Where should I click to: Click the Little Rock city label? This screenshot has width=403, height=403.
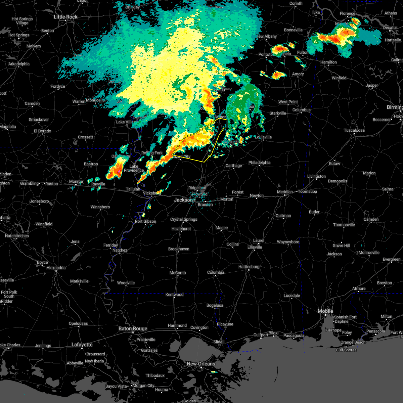(x=66, y=17)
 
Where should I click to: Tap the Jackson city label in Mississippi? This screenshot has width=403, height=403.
(x=183, y=200)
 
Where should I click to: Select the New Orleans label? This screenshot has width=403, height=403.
(x=201, y=364)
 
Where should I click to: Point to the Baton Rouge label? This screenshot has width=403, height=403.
(x=133, y=328)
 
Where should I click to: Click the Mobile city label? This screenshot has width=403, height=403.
(x=325, y=311)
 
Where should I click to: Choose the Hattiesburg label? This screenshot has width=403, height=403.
(x=249, y=267)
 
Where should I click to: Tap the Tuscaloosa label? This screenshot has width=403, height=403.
(x=355, y=130)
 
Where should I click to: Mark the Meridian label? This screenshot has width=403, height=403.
(x=285, y=191)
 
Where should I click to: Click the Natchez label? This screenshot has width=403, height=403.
(x=120, y=250)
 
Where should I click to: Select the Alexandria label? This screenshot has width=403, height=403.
(x=56, y=268)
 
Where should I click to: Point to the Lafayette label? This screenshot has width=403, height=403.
(x=82, y=345)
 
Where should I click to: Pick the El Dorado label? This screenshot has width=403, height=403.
(x=42, y=131)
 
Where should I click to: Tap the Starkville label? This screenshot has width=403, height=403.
(x=278, y=113)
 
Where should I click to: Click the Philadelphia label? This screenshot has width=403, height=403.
(x=259, y=163)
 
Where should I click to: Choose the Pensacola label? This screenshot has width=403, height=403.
(x=375, y=331)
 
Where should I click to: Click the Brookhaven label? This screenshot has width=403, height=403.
(x=179, y=249)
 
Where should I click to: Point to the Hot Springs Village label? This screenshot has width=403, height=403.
(x=22, y=21)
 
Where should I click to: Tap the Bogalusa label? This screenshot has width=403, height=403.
(x=215, y=305)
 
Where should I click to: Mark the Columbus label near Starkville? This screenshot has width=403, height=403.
(x=301, y=110)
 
